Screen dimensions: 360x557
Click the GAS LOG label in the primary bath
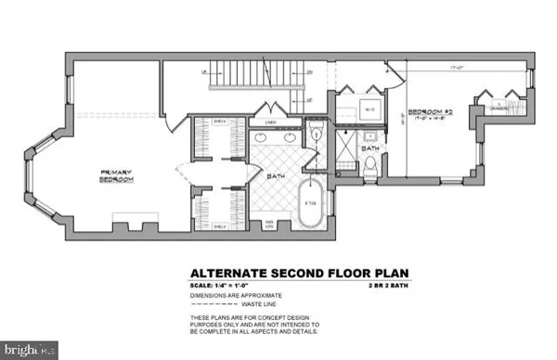coord(272,225)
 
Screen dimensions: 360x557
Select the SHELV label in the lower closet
coord(220,225)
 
